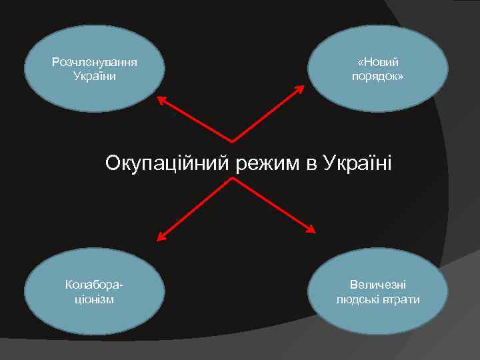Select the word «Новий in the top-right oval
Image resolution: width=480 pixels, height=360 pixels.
[378, 62]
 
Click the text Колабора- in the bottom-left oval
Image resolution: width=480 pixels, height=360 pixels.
[95, 285]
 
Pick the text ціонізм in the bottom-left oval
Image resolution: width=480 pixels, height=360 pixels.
[95, 299]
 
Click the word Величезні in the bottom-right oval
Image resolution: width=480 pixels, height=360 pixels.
[378, 285]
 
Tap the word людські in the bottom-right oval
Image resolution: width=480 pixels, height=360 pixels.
[358, 299]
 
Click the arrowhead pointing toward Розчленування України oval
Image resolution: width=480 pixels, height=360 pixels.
[161, 99]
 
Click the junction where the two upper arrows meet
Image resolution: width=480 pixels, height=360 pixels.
[233, 141]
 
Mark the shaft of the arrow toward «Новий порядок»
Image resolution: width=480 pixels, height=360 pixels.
[270, 116]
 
